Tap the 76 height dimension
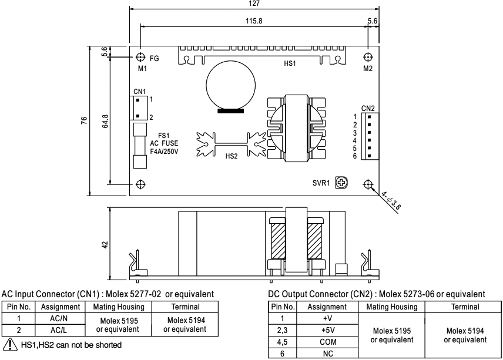tap(85, 120)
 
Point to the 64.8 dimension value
tap(105, 120)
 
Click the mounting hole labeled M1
tap(140, 58)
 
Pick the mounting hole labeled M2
tap(368, 58)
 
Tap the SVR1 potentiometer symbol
tap(340, 183)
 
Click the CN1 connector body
tap(138, 107)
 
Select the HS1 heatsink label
tap(290, 62)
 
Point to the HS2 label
tap(233, 157)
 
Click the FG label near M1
tap(155, 58)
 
